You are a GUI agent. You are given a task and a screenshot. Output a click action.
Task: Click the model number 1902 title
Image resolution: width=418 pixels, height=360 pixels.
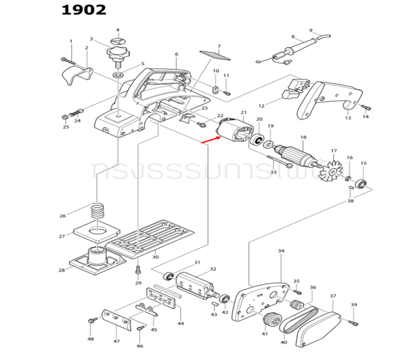(x=84, y=10)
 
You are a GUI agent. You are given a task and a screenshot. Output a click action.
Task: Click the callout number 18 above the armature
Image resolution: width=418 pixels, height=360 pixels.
(x=303, y=138)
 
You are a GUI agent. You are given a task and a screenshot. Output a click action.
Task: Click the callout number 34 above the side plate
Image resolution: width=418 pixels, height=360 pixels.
(x=281, y=250)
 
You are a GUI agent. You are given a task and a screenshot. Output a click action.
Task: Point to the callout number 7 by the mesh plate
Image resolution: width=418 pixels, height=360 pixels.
(x=219, y=46)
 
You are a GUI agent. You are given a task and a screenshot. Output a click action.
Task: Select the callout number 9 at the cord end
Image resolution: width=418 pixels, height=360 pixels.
(x=311, y=31)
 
